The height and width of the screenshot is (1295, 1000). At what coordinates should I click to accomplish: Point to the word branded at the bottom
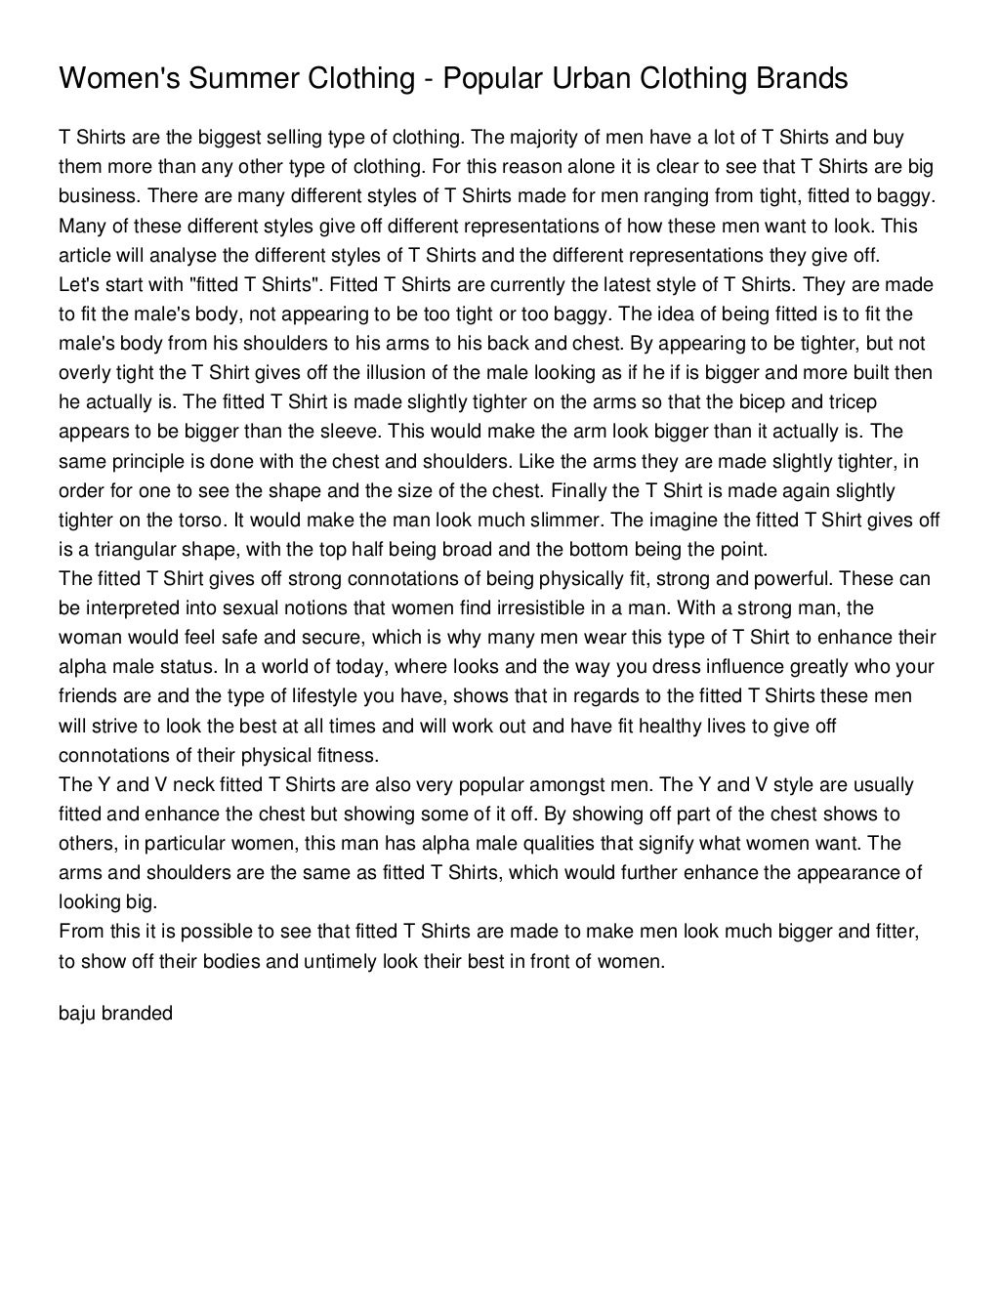(x=138, y=1013)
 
